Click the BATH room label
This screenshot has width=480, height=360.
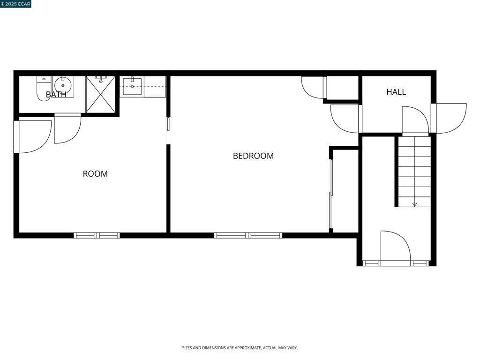coord(56,95)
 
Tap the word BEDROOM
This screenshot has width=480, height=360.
coord(253,156)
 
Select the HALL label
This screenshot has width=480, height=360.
coord(396,92)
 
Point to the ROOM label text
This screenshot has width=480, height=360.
coord(95,173)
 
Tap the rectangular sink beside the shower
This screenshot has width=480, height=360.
coord(132,86)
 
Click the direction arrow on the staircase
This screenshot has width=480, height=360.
coord(414,204)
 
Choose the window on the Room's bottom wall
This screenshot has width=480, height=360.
coord(97,235)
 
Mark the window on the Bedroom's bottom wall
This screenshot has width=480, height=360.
coord(248,235)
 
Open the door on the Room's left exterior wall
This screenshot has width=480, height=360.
coord(33,136)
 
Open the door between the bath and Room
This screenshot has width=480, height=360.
coord(67,128)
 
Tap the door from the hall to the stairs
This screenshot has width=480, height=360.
coord(415,120)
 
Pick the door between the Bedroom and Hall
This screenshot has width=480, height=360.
coord(345,118)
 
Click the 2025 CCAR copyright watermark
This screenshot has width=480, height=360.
coord(16,4)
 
